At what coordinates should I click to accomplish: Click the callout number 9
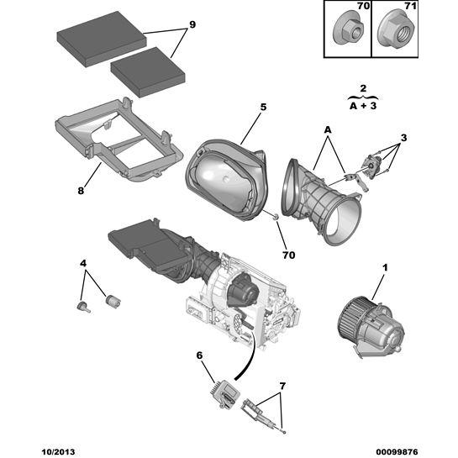coord(192,25)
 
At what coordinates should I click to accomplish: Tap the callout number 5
coord(264,108)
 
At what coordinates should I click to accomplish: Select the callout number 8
coord(81,191)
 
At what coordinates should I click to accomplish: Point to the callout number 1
coord(385,267)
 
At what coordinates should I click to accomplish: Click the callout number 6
coord(199,355)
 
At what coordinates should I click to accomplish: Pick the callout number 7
coord(282,386)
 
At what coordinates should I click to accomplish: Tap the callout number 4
coord(83,264)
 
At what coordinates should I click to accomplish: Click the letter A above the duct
coord(328,129)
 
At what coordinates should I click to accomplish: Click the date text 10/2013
coord(58,452)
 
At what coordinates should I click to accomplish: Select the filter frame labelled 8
coord(119,140)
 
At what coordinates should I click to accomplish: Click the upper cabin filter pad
coord(102,39)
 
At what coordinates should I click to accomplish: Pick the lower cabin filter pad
coord(148,72)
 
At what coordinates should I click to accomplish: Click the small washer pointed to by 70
coord(275,217)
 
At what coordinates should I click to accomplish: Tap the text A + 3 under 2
coord(363,106)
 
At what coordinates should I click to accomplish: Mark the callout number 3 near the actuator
coord(403,138)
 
